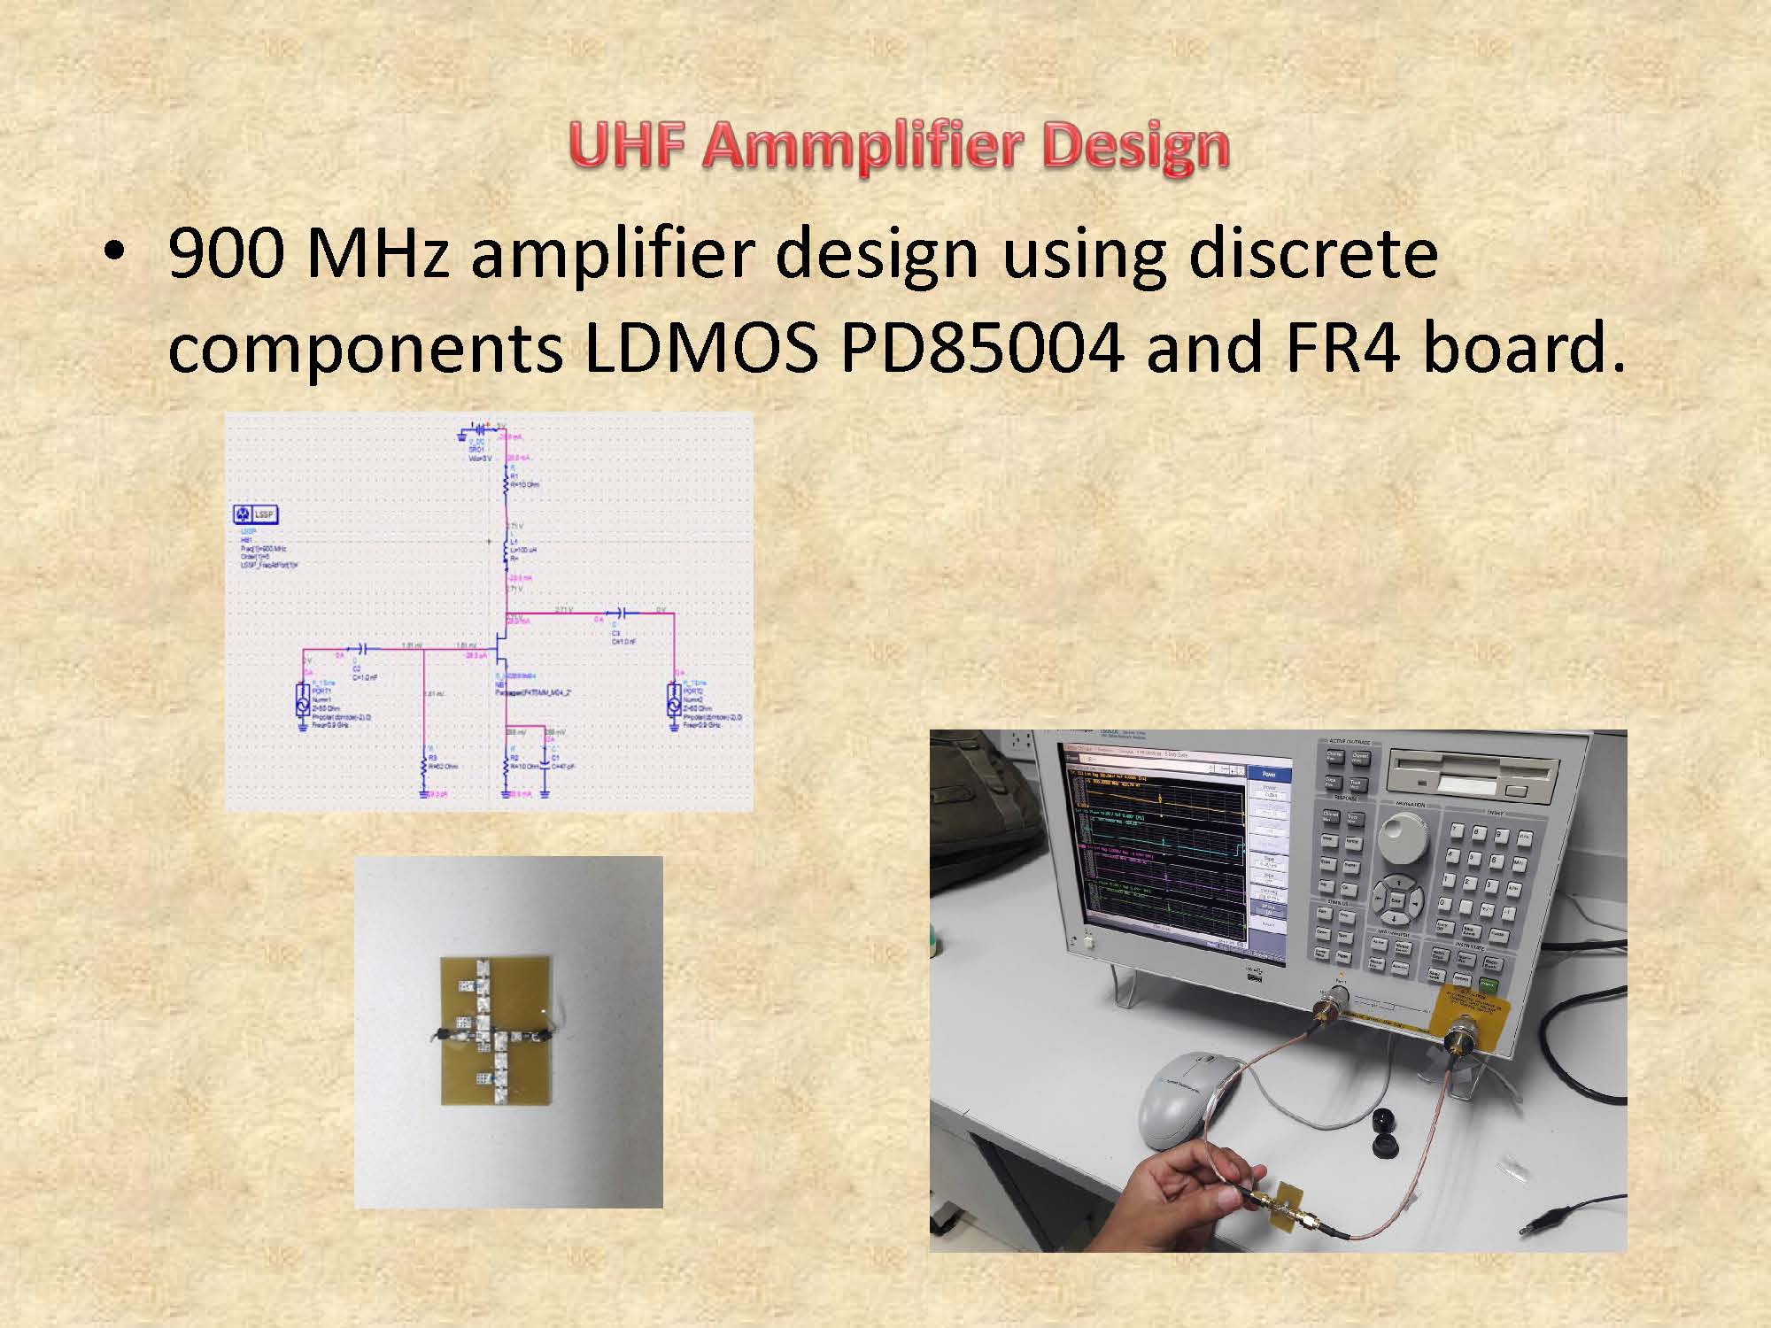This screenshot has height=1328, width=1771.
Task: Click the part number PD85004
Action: coord(982,348)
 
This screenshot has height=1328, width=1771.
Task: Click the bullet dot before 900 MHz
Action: coord(113,253)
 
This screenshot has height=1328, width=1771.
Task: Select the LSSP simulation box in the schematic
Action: coord(255,513)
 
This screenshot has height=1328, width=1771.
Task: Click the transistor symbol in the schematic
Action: coord(502,655)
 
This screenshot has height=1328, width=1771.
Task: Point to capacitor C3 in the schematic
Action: coord(621,613)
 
